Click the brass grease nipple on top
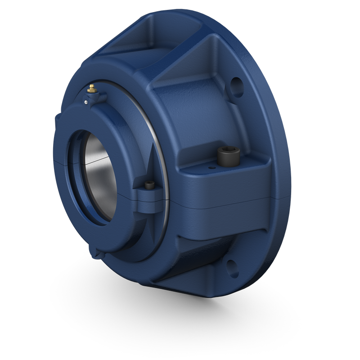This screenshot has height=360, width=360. coord(92,87)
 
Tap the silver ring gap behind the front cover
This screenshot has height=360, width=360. coord(153,126)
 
